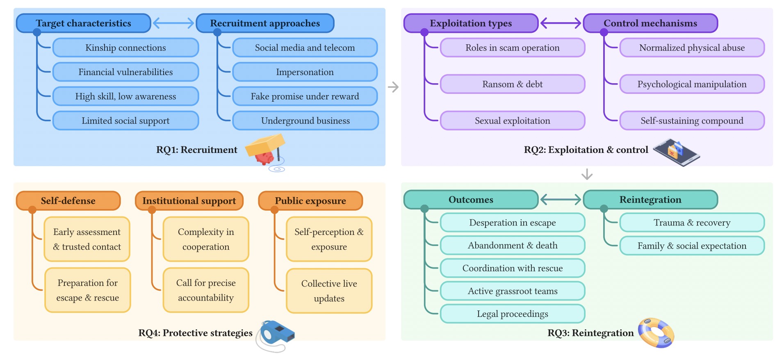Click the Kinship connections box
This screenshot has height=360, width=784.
pyautogui.click(x=125, y=48)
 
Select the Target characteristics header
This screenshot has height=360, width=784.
pyautogui.click(x=83, y=23)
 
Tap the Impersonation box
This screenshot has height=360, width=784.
pyautogui.click(x=305, y=72)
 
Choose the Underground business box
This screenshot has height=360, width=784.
pyautogui.click(x=305, y=121)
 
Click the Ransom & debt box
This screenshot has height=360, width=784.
pyautogui.click(x=512, y=84)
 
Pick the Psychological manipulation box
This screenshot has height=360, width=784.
pyautogui.click(x=692, y=84)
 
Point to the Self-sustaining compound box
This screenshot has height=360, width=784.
pyautogui.click(x=692, y=121)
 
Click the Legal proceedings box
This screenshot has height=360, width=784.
pyautogui.click(x=512, y=314)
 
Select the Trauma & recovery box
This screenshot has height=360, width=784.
pyautogui.click(x=692, y=223)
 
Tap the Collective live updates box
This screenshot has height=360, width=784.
pyautogui.click(x=329, y=291)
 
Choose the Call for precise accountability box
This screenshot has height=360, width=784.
pyautogui.click(x=206, y=290)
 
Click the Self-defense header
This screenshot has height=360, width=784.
pyautogui.click(x=68, y=201)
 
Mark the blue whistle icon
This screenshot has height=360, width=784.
pyautogui.click(x=276, y=333)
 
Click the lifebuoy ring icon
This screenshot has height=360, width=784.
pyautogui.click(x=656, y=333)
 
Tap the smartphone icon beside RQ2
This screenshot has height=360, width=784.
pyautogui.click(x=677, y=152)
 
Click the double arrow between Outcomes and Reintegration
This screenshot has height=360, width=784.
pyautogui.click(x=561, y=200)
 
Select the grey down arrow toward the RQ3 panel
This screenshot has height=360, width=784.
pyautogui.click(x=587, y=174)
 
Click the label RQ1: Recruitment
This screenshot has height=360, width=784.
pyautogui.click(x=196, y=150)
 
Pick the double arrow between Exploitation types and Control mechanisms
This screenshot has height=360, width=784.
pyautogui.click(x=561, y=23)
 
